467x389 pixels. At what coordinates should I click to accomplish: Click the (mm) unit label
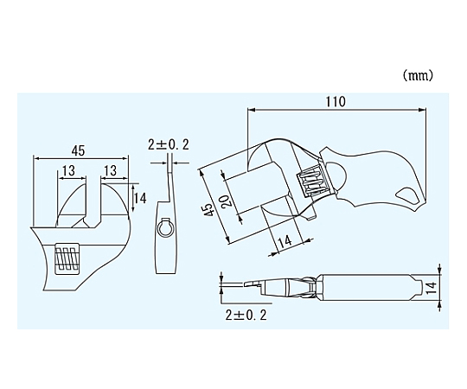click(x=418, y=76)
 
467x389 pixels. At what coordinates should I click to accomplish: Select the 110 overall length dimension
click(x=336, y=101)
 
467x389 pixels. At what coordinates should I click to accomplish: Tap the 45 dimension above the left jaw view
click(x=79, y=150)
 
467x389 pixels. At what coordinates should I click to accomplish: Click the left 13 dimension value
click(x=69, y=171)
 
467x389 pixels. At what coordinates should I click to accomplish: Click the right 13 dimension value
click(x=110, y=171)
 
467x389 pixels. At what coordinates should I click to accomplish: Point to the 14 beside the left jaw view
click(x=139, y=198)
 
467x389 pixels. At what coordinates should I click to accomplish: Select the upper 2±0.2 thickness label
click(x=169, y=144)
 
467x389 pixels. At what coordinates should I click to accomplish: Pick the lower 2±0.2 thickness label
click(x=246, y=315)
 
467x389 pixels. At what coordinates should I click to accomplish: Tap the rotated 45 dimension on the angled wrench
click(x=208, y=210)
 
